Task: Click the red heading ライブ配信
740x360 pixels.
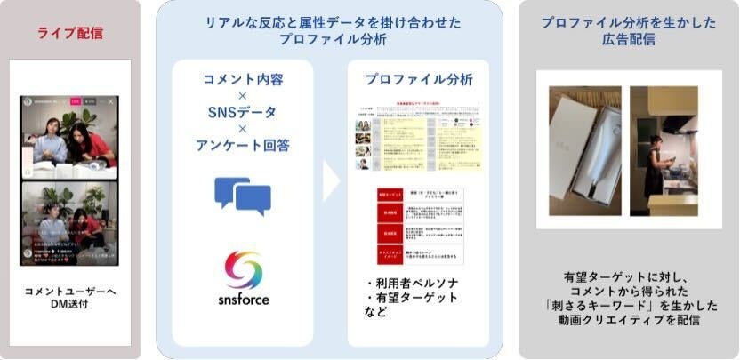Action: pos(70,34)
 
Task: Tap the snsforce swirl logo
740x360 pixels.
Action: pos(243,269)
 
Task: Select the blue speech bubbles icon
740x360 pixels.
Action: pos(243,196)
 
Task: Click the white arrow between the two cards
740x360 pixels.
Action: pos(331,181)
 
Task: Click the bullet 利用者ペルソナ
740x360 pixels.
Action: pos(414,284)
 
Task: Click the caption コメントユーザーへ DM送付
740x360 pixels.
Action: pos(70,297)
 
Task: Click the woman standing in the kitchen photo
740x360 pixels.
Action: pos(656,164)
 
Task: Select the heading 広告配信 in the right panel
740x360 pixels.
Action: pos(628,40)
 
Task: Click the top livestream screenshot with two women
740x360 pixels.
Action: pos(70,133)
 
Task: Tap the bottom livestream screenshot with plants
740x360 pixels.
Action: pos(70,222)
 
